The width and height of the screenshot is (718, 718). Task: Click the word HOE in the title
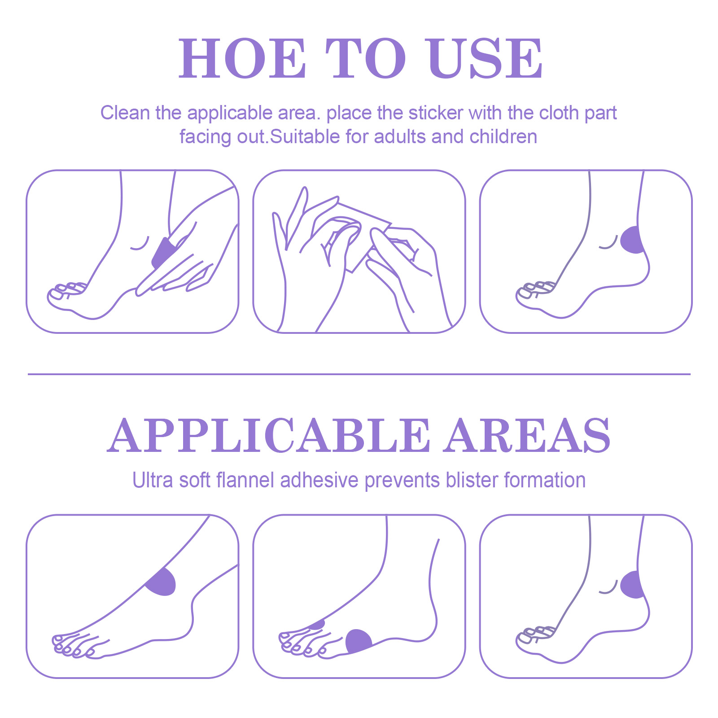(242, 58)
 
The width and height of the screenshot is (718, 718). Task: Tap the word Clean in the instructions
(125, 113)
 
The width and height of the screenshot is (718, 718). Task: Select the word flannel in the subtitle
(245, 480)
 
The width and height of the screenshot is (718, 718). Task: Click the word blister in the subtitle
(472, 480)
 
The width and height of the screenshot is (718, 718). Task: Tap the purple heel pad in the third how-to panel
(632, 240)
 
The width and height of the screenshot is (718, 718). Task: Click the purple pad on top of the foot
(161, 582)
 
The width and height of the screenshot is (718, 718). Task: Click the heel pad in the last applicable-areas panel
(632, 585)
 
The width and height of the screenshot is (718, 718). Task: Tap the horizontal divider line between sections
(359, 374)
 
